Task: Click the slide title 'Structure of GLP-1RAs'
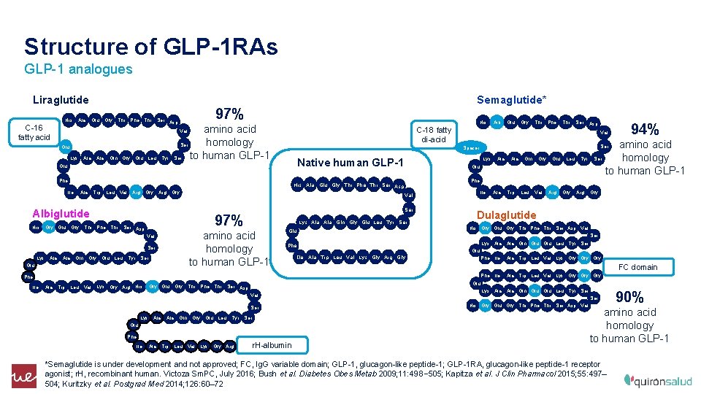pos(151,47)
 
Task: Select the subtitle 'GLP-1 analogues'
pos(78,69)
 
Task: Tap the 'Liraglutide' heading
pos(61,99)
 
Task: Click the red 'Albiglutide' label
pos(61,214)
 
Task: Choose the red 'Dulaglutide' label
pos(506,215)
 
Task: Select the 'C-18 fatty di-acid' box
pos(433,134)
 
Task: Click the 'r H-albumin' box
pos(271,344)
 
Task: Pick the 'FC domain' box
pos(637,267)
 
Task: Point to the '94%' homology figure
pos(645,129)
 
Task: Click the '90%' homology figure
pos(629,297)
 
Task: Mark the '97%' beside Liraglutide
pos(229,114)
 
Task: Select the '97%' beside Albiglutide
pos(229,220)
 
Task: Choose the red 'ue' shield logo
pos(23,374)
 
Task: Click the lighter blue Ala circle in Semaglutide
pos(497,122)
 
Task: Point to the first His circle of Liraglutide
pos(67,120)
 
